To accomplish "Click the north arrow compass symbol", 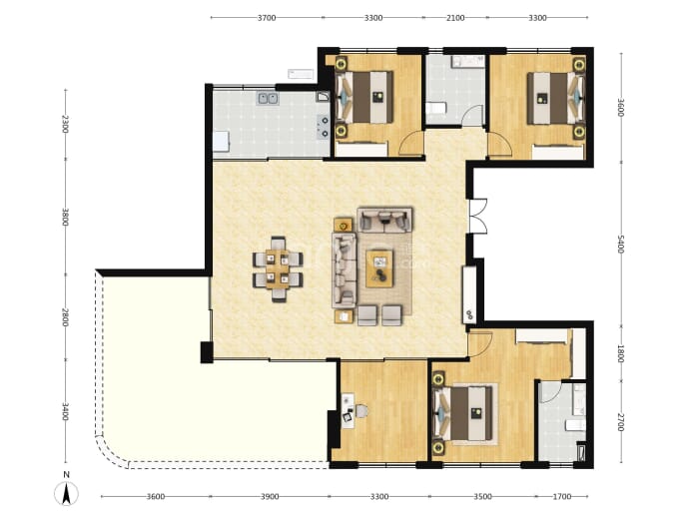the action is [66, 493].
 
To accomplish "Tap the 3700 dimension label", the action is [267, 18].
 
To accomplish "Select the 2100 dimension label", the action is [455, 18].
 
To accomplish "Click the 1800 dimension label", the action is [620, 353].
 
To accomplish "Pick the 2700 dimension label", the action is [620, 421].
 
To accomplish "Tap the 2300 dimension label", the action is [66, 124].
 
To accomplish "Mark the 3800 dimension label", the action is [66, 217].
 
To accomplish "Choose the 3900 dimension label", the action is [270, 497].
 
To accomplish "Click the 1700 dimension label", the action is [562, 497].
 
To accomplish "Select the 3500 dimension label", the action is [482, 497].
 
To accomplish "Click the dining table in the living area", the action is [278, 268].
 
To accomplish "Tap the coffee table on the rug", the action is [380, 268].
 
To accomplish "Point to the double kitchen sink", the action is [268, 99].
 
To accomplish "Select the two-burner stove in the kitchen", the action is [323, 127].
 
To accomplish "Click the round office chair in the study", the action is [361, 411].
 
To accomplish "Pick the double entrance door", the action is [478, 216].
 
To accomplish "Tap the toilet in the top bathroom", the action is [436, 108].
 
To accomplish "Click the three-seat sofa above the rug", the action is [384, 220].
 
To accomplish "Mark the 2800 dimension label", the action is [66, 317].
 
